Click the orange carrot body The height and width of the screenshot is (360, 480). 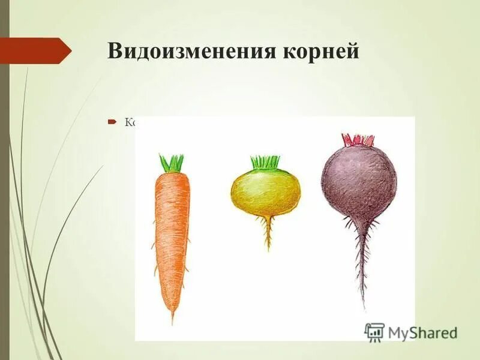pyautogui.click(x=172, y=234)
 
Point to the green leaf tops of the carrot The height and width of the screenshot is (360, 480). pyautogui.click(x=172, y=163)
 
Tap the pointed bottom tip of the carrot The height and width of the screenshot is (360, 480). pyautogui.click(x=172, y=318)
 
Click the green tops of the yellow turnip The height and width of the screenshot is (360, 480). pyautogui.click(x=265, y=162)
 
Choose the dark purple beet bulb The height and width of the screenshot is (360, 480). pyautogui.click(x=358, y=180)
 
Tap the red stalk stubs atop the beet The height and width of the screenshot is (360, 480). pyautogui.click(x=358, y=140)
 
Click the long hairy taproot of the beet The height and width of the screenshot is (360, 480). pyautogui.click(x=361, y=264)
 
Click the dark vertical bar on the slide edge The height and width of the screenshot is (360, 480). pyautogui.click(x=4, y=180)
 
